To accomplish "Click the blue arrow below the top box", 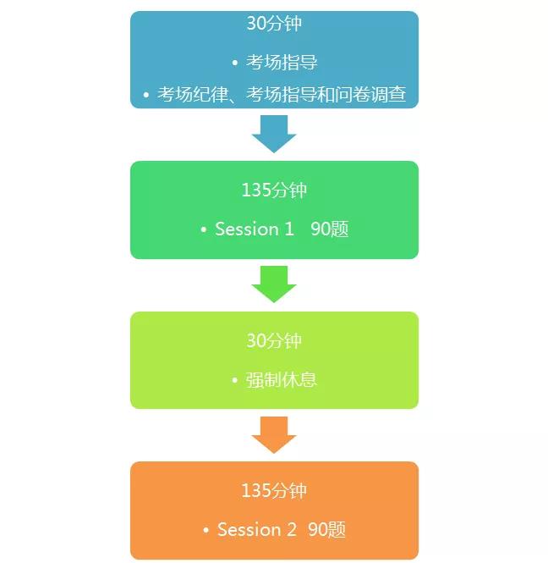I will click(x=274, y=133).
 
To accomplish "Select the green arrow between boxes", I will click(x=274, y=284).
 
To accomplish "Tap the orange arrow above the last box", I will click(x=274, y=434).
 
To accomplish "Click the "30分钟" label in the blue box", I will click(x=274, y=24).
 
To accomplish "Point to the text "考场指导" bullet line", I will click(x=282, y=63).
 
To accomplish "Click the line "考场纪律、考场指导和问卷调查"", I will click(x=282, y=94).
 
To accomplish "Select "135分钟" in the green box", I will click(x=274, y=190).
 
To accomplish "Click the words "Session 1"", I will click(x=255, y=229).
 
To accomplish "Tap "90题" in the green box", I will click(x=329, y=229).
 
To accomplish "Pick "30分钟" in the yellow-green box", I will click(x=274, y=341).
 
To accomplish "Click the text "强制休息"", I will click(x=282, y=379).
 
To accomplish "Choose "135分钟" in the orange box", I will click(x=274, y=491).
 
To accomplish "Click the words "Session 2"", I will click(x=257, y=530).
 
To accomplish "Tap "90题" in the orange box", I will click(x=326, y=530).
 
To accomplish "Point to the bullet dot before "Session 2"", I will click(x=205, y=531).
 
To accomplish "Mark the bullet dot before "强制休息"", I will click(x=234, y=380).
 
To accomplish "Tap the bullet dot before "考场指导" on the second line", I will click(x=234, y=63).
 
